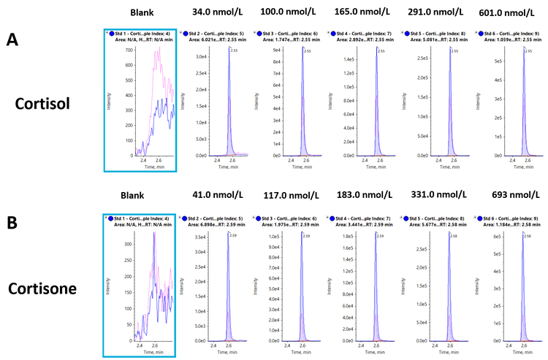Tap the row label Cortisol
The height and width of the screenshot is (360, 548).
click(42, 103)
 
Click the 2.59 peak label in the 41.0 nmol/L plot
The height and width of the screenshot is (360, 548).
click(235, 235)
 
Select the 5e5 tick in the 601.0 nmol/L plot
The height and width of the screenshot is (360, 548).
click(488, 61)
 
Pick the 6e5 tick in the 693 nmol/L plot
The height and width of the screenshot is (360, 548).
click(488, 237)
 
